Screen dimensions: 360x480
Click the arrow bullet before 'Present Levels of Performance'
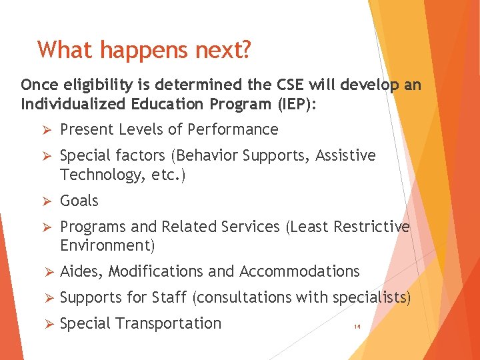47,129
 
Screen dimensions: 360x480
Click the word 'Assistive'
345,156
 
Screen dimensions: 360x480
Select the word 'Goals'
79,201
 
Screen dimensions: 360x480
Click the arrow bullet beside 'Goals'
47,201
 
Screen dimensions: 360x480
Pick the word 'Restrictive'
372,227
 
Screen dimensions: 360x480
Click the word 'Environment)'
107,245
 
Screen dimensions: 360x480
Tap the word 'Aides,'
81,271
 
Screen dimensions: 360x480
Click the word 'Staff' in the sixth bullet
170,297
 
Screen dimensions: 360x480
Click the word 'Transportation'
168,323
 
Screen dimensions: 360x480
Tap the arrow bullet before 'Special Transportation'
47,324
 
